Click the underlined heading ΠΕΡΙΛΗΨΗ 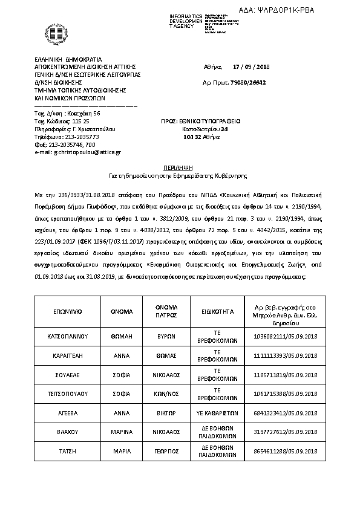(x=179, y=164)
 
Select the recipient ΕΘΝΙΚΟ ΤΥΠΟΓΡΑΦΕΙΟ (x=208, y=121)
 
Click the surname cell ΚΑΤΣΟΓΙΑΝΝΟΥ (x=68, y=336)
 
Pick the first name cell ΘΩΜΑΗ (x=122, y=336)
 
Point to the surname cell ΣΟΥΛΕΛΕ (x=68, y=375)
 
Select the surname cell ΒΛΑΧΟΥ (x=68, y=433)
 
